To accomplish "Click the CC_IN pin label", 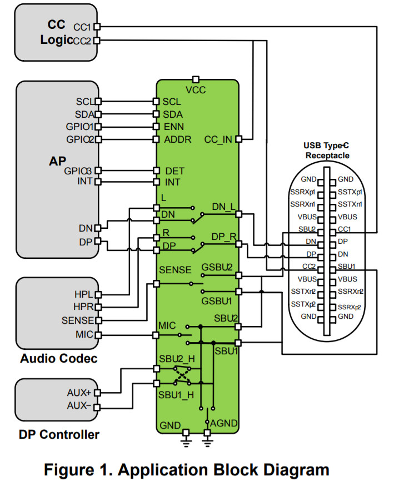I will pyautogui.click(x=218, y=139).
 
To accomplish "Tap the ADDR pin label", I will pyautogui.click(x=178, y=139).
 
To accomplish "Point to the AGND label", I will pyautogui.click(x=224, y=423).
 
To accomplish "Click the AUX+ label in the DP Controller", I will pyautogui.click(x=81, y=392).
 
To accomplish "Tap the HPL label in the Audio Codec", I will pyautogui.click(x=84, y=294).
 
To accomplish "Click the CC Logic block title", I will pyautogui.click(x=57, y=33).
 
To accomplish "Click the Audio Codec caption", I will pyautogui.click(x=58, y=358).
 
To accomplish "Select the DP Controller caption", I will pyautogui.click(x=59, y=434).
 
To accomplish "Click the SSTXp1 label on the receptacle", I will pyautogui.click(x=351, y=192).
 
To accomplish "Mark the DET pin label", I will pyautogui.click(x=174, y=170).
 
